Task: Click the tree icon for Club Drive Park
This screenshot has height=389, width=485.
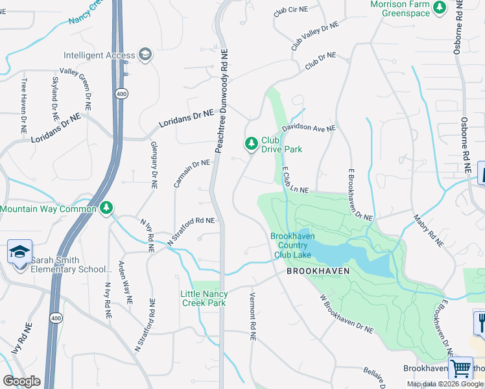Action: pos(251,143)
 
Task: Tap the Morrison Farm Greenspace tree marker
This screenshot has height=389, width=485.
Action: pos(441,8)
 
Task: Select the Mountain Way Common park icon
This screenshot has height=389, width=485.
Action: pos(106,208)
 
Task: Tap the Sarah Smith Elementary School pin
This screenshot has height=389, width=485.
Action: pos(19,251)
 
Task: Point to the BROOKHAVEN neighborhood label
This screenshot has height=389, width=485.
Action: pos(318,271)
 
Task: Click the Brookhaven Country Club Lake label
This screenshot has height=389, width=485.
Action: pos(292,245)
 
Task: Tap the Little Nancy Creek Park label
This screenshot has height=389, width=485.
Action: pos(204,298)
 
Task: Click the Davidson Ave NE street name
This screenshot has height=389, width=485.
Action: pos(308,128)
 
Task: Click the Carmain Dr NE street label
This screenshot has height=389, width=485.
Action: pos(191,173)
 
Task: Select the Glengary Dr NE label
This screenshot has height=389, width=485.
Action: pos(154,165)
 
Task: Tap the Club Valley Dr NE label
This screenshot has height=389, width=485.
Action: pos(314,35)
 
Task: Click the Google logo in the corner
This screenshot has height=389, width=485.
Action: pos(22,381)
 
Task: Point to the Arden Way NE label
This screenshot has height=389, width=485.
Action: pos(124,283)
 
